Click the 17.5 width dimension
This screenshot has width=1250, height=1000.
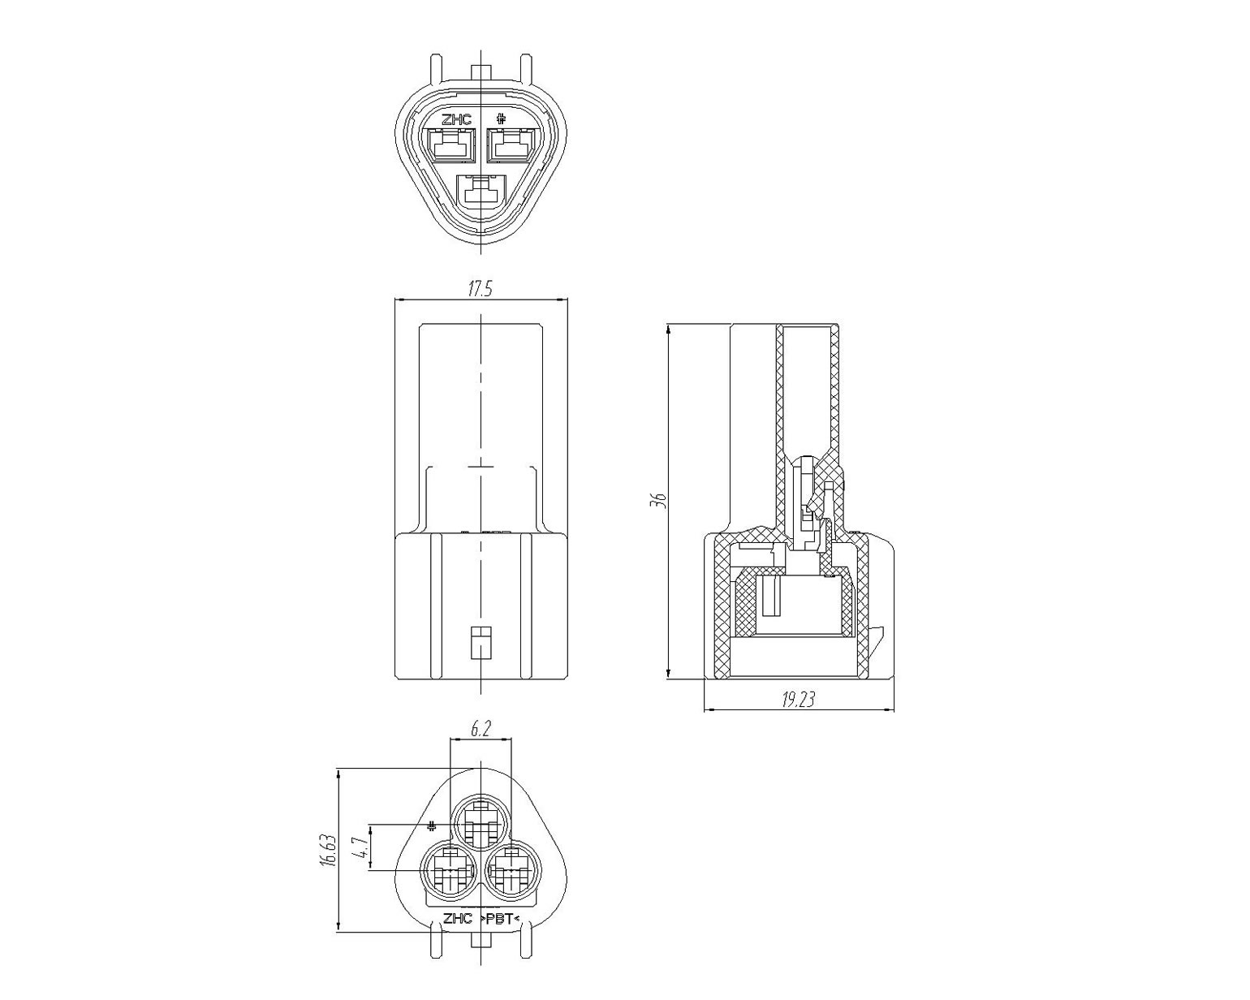481,289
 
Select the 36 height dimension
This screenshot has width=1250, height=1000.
658,500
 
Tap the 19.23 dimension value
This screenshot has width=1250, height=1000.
798,700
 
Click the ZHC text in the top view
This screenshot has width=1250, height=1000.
456,120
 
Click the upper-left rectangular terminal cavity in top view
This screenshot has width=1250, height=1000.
450,145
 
